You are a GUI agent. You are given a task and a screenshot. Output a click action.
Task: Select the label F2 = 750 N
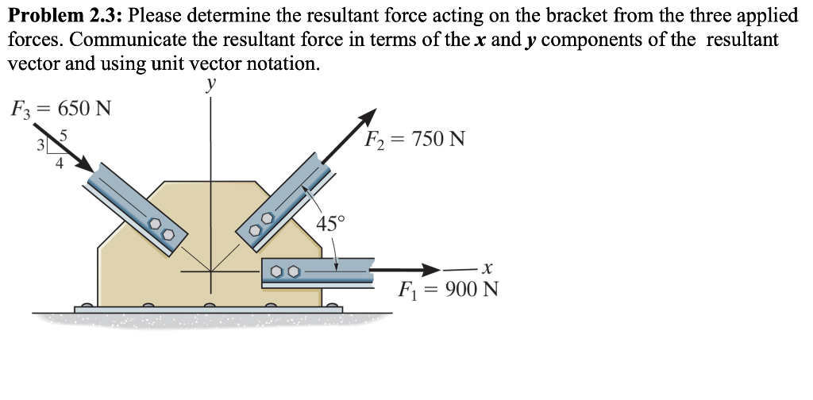pos(414,140)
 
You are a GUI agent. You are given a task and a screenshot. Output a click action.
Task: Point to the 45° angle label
pos(330,223)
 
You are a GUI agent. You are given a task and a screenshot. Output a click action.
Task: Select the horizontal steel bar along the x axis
pos(318,271)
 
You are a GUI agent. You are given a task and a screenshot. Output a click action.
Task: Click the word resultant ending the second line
pos(746,40)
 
